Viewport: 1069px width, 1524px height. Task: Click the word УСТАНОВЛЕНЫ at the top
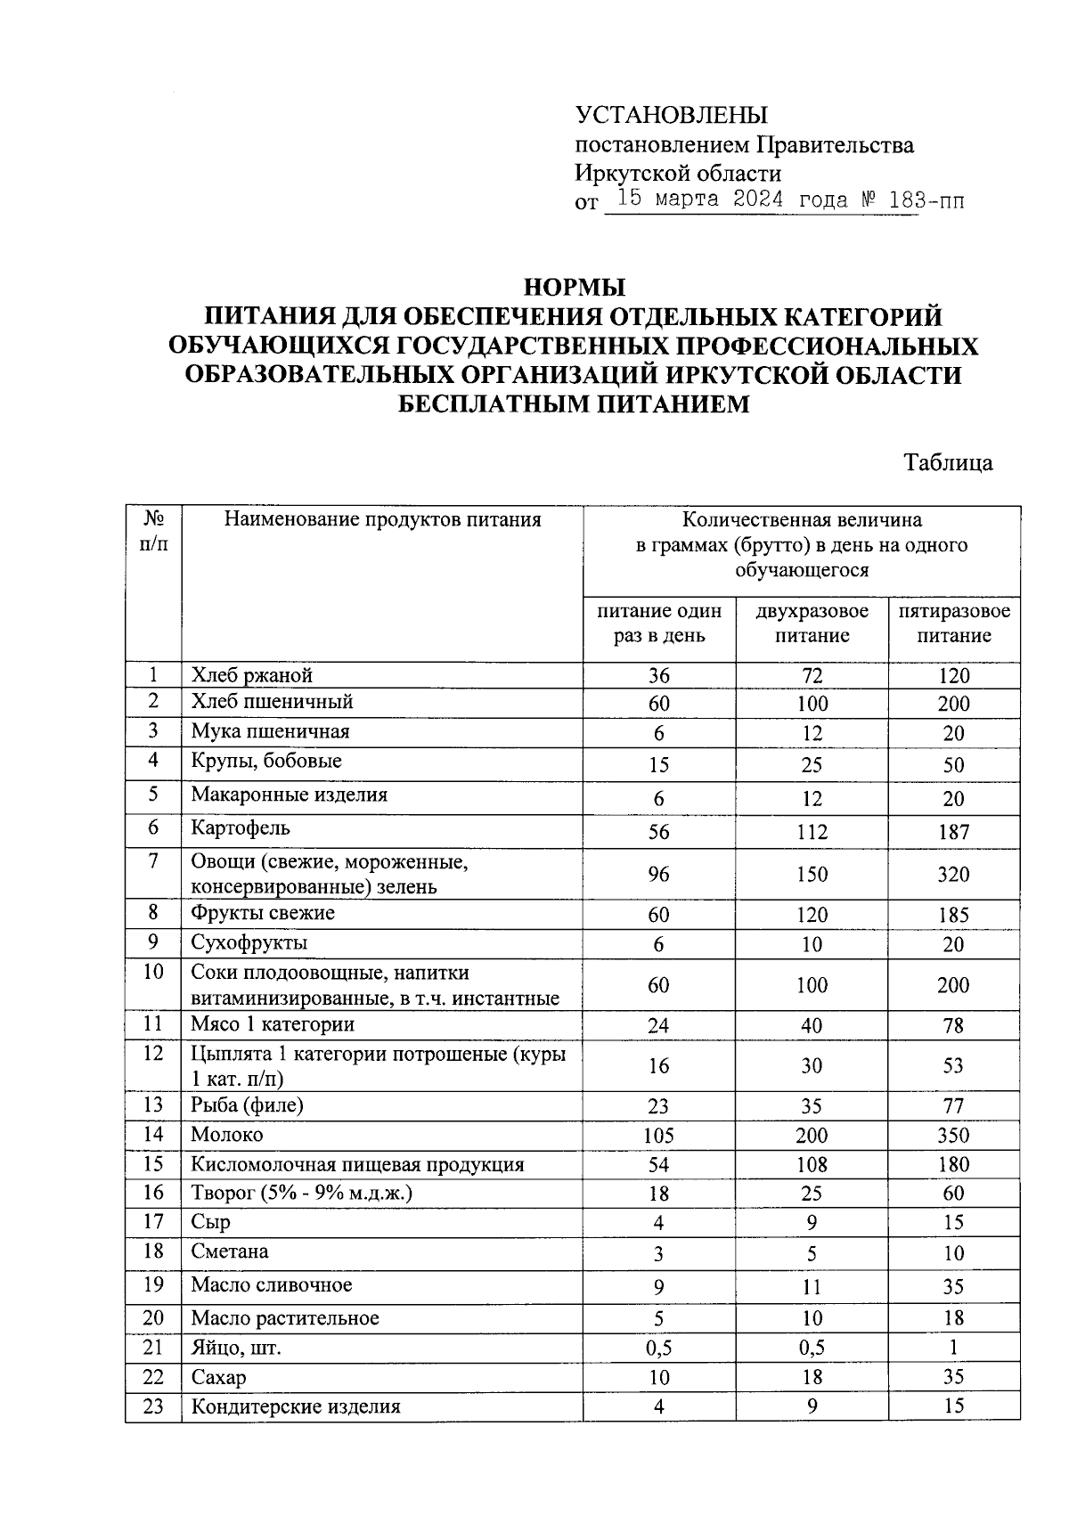pyautogui.click(x=671, y=115)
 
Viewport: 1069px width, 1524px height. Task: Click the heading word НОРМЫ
pyautogui.click(x=575, y=288)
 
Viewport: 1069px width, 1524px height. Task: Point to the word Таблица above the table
pyautogui.click(x=948, y=463)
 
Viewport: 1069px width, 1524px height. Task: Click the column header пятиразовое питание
pyautogui.click(x=953, y=623)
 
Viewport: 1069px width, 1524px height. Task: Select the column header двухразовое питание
pyautogui.click(x=812, y=623)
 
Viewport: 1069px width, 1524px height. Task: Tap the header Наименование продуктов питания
pyautogui.click(x=382, y=519)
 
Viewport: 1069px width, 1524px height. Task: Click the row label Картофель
pyautogui.click(x=241, y=828)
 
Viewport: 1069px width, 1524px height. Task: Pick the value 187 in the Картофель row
pyautogui.click(x=953, y=833)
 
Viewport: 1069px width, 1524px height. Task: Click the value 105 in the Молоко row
pyautogui.click(x=658, y=1136)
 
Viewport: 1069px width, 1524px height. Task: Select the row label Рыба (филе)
pyautogui.click(x=247, y=1105)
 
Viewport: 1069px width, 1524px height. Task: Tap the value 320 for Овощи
pyautogui.click(x=953, y=875)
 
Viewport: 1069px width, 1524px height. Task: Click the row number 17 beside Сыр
pyautogui.click(x=153, y=1222)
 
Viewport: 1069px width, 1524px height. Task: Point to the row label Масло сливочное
pyautogui.click(x=271, y=1285)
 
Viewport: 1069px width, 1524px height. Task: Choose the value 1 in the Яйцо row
pyautogui.click(x=953, y=1348)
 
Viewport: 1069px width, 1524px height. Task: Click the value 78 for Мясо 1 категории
pyautogui.click(x=953, y=1026)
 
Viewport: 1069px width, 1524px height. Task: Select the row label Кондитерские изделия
pyautogui.click(x=296, y=1406)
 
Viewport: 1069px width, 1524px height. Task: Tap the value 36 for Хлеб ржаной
pyautogui.click(x=658, y=676)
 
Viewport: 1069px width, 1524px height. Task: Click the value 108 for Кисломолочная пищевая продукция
pyautogui.click(x=812, y=1165)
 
